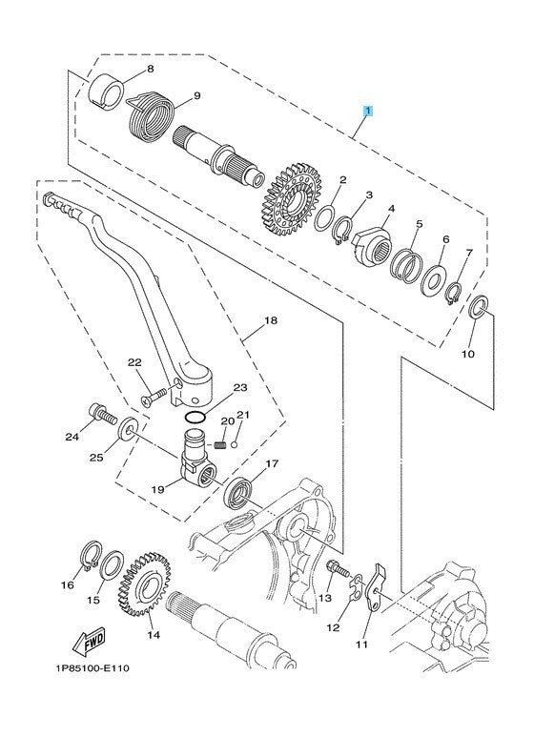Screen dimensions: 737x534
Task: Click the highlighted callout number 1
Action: pos(367,112)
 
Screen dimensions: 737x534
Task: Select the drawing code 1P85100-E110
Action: pos(85,668)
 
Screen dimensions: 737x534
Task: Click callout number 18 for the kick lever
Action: pos(272,321)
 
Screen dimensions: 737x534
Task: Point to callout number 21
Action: pos(243,415)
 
